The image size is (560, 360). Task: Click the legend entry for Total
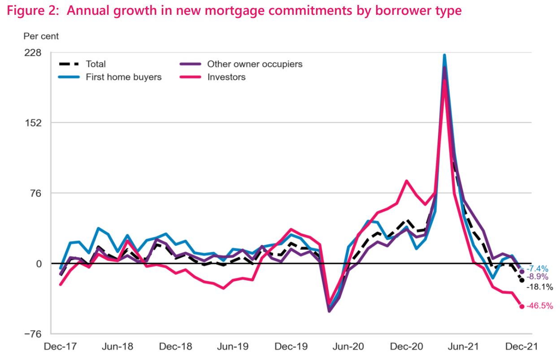(x=96, y=64)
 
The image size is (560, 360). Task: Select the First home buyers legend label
(x=123, y=77)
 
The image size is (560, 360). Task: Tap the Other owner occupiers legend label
(x=254, y=64)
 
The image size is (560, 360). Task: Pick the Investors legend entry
(x=226, y=77)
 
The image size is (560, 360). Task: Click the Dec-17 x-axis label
(x=61, y=347)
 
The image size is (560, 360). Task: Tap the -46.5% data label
(x=540, y=306)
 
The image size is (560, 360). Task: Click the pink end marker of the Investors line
(x=522, y=306)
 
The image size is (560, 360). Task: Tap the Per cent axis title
(x=41, y=36)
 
